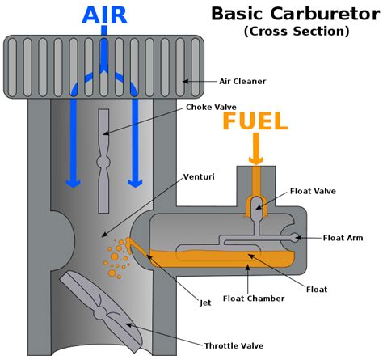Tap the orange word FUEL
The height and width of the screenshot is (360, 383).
pyautogui.click(x=254, y=122)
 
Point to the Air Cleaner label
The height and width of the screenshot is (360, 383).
pyautogui.click(x=242, y=81)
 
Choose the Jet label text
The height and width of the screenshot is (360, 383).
pyautogui.click(x=205, y=303)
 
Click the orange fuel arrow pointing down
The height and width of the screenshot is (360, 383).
pyautogui.click(x=254, y=150)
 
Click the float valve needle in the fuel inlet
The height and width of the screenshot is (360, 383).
pyautogui.click(x=255, y=205)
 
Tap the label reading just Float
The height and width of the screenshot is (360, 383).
pyautogui.click(x=317, y=288)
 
